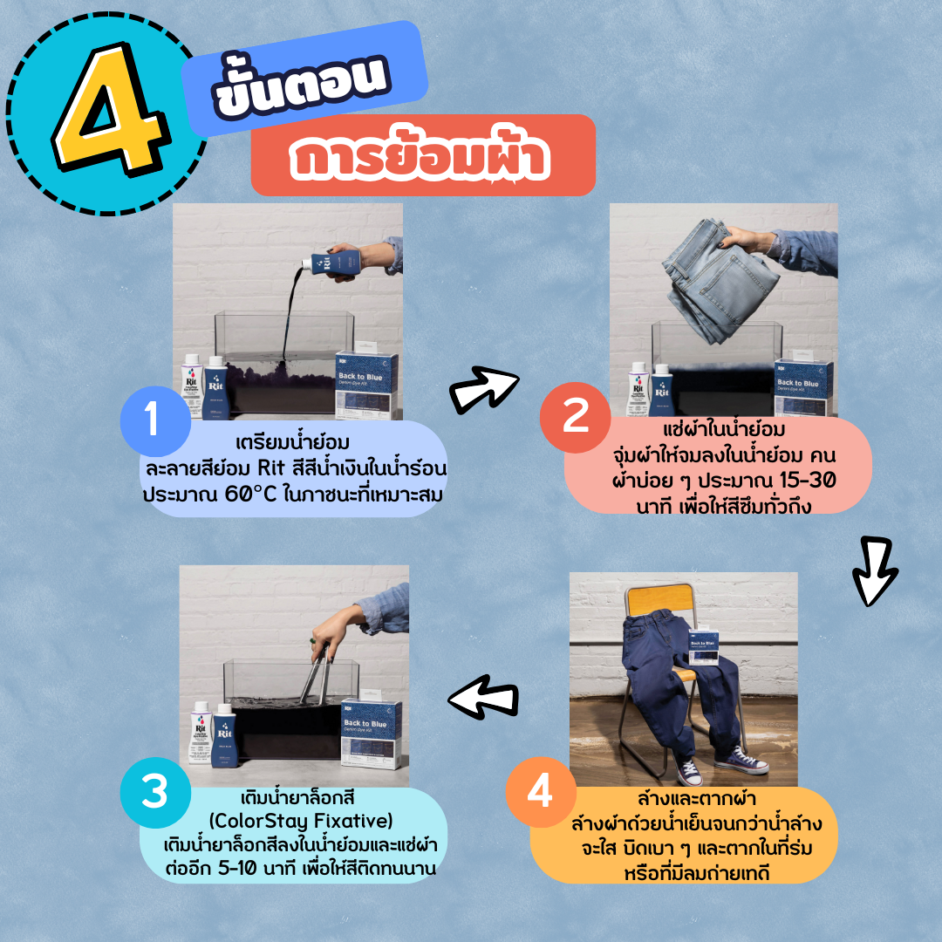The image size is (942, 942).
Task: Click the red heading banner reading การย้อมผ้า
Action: (x=422, y=156)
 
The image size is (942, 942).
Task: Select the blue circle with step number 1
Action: (x=154, y=421)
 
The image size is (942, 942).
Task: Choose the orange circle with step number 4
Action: (x=541, y=793)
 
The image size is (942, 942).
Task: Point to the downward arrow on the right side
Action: (x=875, y=572)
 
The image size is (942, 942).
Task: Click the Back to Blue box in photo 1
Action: (x=368, y=384)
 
